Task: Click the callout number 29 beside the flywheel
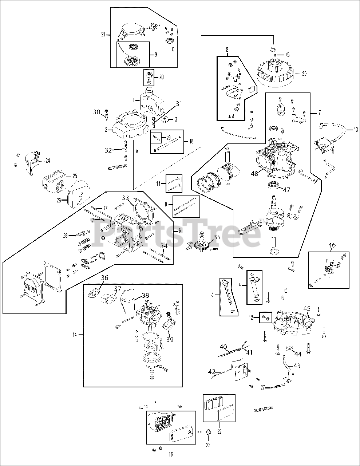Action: [x=304, y=74]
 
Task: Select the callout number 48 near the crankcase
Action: [x=254, y=174]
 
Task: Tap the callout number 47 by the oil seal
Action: [x=287, y=190]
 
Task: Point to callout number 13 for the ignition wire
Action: [x=355, y=130]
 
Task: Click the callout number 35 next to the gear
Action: [x=217, y=237]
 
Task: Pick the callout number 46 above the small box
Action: [x=332, y=245]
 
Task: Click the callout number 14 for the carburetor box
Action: [x=75, y=334]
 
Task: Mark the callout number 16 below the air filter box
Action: [x=171, y=454]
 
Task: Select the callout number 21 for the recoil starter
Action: [x=103, y=34]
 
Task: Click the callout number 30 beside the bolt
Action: [x=96, y=112]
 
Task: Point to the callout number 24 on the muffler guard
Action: [x=47, y=160]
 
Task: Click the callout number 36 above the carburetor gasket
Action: [x=104, y=278]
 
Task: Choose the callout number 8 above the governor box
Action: [x=227, y=49]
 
